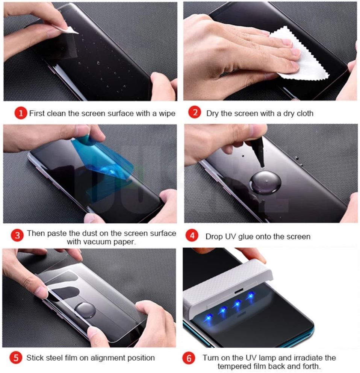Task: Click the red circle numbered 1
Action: point(21,113)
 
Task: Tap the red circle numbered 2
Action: point(194,113)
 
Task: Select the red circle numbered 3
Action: point(17,236)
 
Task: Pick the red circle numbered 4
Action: point(192,236)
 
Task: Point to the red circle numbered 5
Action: point(15,358)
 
